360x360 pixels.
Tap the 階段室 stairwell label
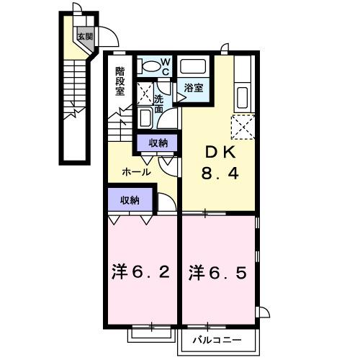[121, 81]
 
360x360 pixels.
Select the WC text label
[164, 66]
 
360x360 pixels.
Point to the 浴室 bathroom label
[193, 88]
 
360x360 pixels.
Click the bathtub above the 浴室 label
[193, 68]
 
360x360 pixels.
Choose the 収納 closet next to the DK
[158, 143]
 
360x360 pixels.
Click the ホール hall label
[136, 172]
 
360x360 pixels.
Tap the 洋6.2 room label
[141, 273]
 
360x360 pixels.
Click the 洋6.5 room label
[218, 273]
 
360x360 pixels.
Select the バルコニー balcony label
[216, 339]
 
